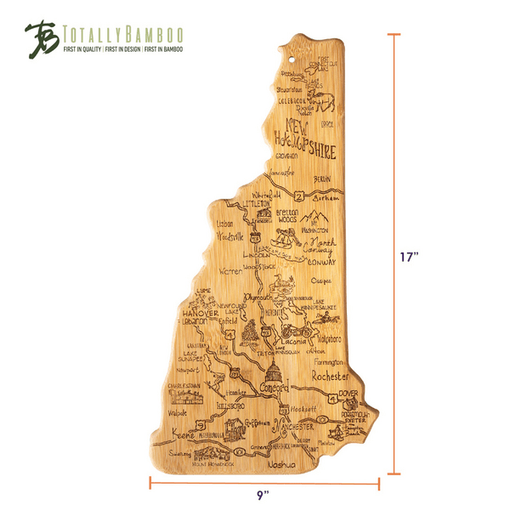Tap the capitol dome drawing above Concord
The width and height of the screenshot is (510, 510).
[x=275, y=371]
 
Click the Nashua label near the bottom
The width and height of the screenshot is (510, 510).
[x=281, y=466]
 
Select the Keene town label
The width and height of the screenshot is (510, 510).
[x=184, y=434]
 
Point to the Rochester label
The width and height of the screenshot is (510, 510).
[x=331, y=375]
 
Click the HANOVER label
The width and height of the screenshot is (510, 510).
[x=196, y=314]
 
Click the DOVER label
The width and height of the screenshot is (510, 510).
[x=348, y=394]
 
